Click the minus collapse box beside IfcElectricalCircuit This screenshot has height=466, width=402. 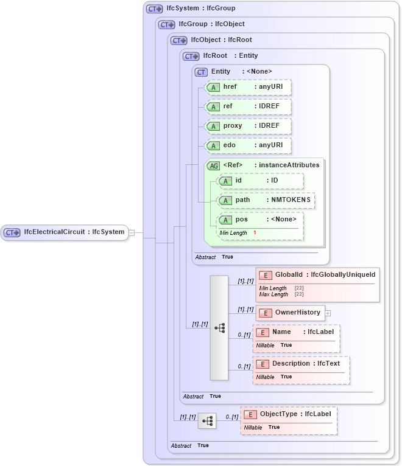click(x=132, y=232)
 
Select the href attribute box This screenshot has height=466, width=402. click(x=249, y=87)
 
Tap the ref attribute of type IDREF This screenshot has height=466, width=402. click(x=249, y=106)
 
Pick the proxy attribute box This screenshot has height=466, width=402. click(x=249, y=126)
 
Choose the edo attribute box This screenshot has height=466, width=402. click(x=249, y=145)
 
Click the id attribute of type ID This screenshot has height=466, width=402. click(x=261, y=181)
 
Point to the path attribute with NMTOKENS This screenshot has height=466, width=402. click(x=267, y=200)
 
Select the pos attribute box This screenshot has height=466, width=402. click(x=261, y=220)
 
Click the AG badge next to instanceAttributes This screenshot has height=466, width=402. click(x=214, y=165)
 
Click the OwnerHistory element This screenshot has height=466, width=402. click(x=291, y=313)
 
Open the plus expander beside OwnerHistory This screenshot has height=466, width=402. click(x=328, y=313)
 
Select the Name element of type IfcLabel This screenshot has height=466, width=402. click(x=297, y=332)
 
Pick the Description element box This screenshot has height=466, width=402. click(x=301, y=364)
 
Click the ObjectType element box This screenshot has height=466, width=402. click(x=289, y=414)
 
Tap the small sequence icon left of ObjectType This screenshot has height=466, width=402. click(x=207, y=420)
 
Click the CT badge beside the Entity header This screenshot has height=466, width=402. click(x=201, y=72)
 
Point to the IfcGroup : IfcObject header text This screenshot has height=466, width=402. click(x=211, y=24)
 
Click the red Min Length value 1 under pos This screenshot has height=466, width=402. click(x=255, y=233)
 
